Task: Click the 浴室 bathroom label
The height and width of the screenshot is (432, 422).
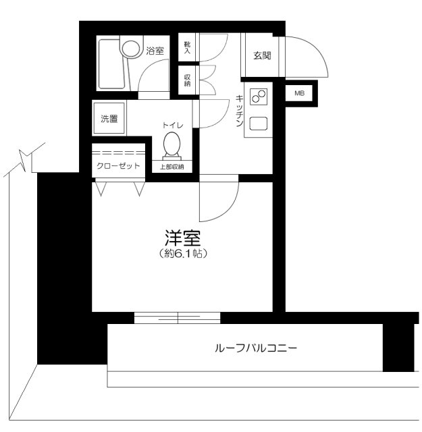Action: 155,50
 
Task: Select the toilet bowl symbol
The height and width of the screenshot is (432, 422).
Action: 171,144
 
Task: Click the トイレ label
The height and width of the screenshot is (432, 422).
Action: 172,126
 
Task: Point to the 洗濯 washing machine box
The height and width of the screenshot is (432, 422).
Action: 109,119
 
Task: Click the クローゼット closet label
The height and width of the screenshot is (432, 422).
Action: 118,165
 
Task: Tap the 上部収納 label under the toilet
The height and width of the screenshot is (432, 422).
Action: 172,166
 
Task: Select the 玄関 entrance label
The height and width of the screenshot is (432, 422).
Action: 262,55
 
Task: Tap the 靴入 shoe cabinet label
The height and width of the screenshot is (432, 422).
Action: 187,47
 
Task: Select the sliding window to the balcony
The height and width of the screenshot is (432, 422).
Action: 177,317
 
